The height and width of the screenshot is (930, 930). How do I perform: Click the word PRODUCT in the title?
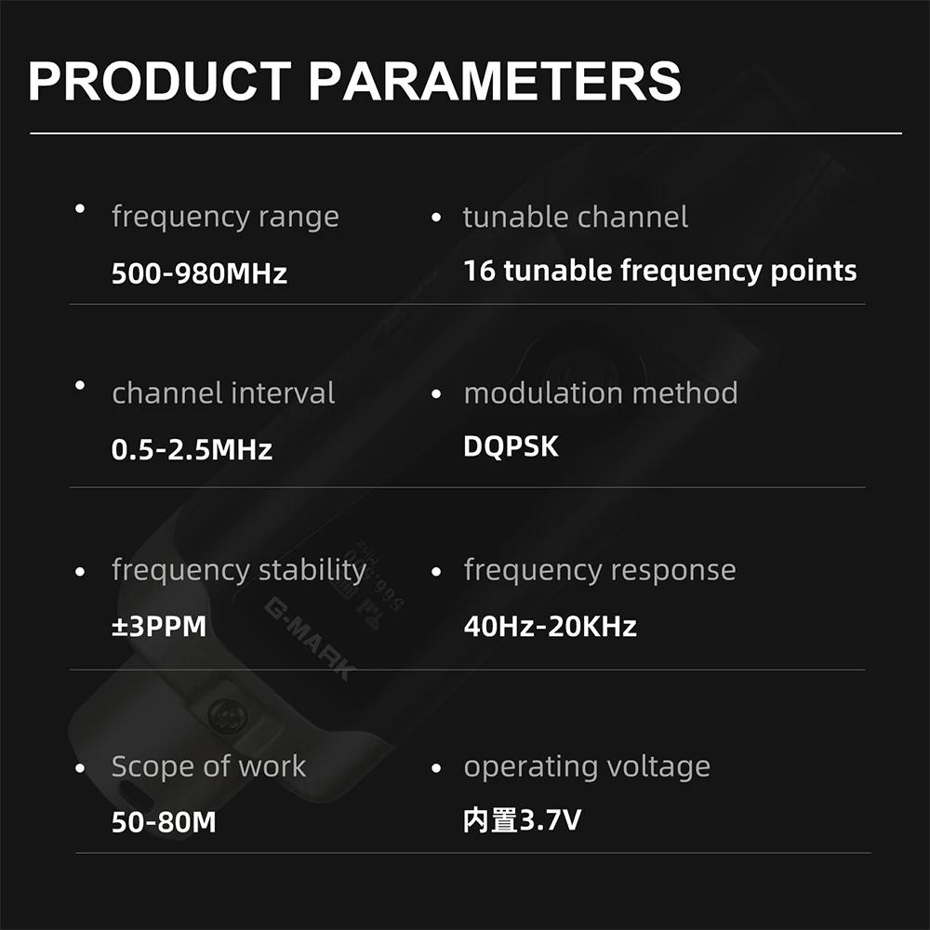pyautogui.click(x=160, y=81)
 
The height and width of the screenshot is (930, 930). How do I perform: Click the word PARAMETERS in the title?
pyautogui.click(x=495, y=81)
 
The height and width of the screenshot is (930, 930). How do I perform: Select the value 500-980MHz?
pyautogui.click(x=199, y=273)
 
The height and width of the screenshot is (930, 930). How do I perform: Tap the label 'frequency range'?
pyautogui.click(x=225, y=217)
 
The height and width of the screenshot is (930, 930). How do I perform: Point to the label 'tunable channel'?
pyautogui.click(x=576, y=217)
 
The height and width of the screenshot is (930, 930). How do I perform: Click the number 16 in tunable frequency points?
pyautogui.click(x=479, y=271)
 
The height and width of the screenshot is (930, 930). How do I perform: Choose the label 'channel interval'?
pyautogui.click(x=223, y=392)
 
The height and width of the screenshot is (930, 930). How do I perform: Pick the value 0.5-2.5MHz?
pyautogui.click(x=192, y=449)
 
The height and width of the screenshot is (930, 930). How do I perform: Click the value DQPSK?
pyautogui.click(x=511, y=446)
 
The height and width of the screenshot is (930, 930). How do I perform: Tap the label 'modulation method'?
pyautogui.click(x=601, y=392)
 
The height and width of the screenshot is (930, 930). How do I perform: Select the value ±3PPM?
pyautogui.click(x=159, y=626)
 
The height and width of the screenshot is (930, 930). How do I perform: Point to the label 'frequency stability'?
pyautogui.click(x=239, y=571)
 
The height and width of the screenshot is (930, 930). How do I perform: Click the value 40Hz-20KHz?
pyautogui.click(x=551, y=626)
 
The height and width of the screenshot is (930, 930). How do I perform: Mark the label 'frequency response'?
pyautogui.click(x=600, y=571)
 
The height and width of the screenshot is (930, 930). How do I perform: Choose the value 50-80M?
pyautogui.click(x=164, y=822)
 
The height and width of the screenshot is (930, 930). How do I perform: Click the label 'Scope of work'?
pyautogui.click(x=208, y=765)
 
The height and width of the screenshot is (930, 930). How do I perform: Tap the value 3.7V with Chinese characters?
pyautogui.click(x=522, y=820)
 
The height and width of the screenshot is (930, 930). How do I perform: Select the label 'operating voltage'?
pyautogui.click(x=587, y=767)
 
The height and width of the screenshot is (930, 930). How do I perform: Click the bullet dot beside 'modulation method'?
pyautogui.click(x=436, y=393)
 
